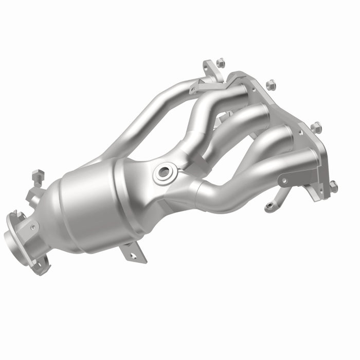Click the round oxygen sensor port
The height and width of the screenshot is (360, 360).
pyautogui.click(x=165, y=172)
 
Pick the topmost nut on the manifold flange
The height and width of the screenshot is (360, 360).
pyautogui.click(x=220, y=62)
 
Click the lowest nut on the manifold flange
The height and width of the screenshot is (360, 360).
pyautogui.click(x=333, y=186)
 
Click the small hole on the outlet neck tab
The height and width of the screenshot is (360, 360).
pyautogui.click(x=34, y=226)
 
